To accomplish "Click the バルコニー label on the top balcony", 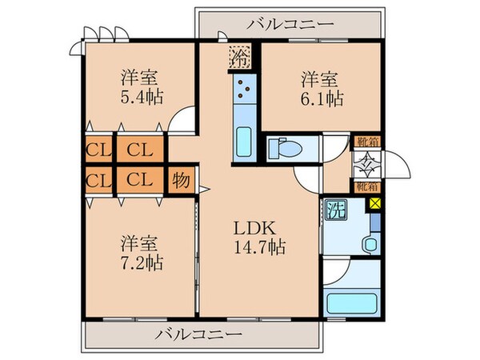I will (290, 24).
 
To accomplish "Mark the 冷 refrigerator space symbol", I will (239, 57).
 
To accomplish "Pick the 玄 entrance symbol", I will (368, 167).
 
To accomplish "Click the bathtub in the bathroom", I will (353, 304).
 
